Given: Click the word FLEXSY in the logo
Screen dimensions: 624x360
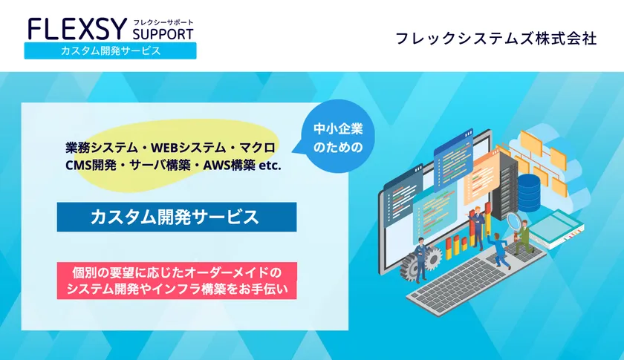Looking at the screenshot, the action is (x=77, y=29).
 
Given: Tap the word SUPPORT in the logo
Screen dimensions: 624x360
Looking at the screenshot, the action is (x=163, y=34).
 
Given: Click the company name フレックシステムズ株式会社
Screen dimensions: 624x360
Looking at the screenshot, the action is (x=496, y=39).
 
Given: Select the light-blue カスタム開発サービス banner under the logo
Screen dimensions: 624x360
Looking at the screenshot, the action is (x=110, y=51).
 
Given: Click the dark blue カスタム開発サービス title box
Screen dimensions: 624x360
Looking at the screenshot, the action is (x=177, y=217).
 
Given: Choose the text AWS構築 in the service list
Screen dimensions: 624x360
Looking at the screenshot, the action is (x=230, y=166).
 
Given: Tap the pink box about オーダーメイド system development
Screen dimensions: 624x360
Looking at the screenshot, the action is (x=177, y=281).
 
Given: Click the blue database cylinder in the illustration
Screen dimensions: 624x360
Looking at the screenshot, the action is (x=529, y=193).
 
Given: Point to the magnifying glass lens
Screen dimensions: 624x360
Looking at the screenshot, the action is (x=515, y=220).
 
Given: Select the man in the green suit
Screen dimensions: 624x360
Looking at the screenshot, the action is (x=523, y=238).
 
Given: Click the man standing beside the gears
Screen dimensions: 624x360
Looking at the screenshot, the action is (x=420, y=259).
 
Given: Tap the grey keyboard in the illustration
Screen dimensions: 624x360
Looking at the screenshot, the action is (x=475, y=280).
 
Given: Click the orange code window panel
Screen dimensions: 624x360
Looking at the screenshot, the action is (x=481, y=177).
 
